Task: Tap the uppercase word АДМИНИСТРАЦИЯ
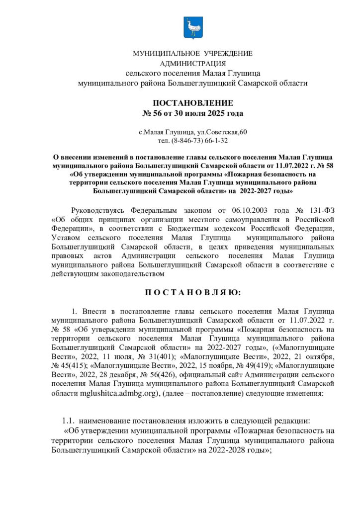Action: click(192, 63)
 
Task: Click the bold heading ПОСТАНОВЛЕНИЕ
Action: click(192, 103)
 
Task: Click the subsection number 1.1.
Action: click(68, 420)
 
